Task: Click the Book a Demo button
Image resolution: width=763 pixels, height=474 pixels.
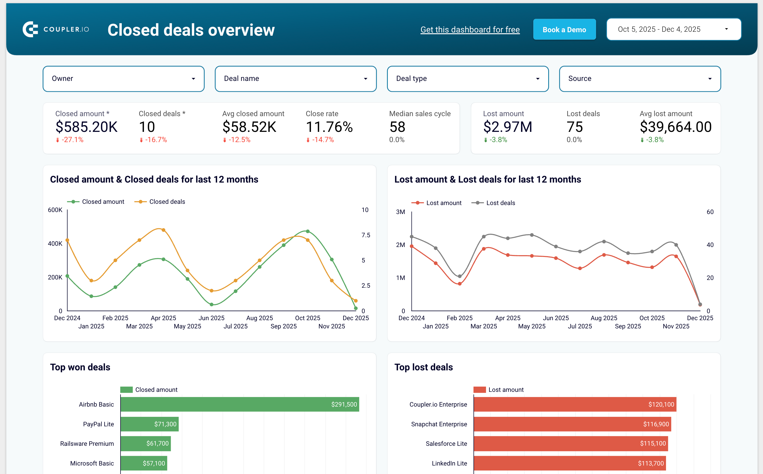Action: (x=564, y=29)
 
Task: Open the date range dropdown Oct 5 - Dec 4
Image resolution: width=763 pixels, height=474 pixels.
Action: (x=673, y=29)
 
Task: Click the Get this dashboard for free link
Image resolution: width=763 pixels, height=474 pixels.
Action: (x=470, y=29)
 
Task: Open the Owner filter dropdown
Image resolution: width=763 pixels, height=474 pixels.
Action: (x=123, y=79)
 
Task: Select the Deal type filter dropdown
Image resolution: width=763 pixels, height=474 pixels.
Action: (x=467, y=79)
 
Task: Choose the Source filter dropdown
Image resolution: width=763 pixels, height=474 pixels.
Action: (x=639, y=79)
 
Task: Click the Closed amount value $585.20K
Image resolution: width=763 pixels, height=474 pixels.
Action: (x=86, y=127)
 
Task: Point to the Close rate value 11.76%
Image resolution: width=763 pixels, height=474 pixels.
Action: (x=329, y=127)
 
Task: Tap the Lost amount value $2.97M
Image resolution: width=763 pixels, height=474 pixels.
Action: (x=507, y=127)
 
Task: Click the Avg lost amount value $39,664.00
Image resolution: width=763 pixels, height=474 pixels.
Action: (x=675, y=127)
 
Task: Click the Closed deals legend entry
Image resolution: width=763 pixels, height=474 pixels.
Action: (x=160, y=202)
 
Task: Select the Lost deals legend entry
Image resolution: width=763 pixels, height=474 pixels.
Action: (x=493, y=203)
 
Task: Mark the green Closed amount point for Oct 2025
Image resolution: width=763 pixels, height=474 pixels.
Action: (x=307, y=231)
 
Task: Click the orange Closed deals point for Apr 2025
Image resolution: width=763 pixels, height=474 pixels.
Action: (x=163, y=230)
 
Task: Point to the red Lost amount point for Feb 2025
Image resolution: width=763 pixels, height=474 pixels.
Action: (x=459, y=284)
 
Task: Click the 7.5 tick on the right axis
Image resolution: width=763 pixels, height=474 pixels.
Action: (x=365, y=235)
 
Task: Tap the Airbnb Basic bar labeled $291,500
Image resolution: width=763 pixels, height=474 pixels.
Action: (x=239, y=404)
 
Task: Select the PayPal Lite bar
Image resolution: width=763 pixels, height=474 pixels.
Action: (x=149, y=424)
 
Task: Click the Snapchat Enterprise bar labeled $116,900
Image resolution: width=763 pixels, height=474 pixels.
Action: (x=572, y=424)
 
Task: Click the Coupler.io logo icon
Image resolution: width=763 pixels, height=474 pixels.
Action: (x=30, y=29)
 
